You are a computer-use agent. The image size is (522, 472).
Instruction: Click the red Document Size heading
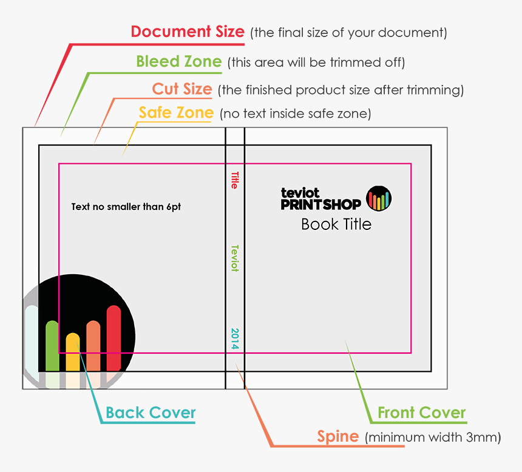[188, 32]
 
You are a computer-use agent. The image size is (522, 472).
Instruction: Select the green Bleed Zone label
[178, 61]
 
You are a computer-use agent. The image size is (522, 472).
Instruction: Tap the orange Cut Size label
[181, 89]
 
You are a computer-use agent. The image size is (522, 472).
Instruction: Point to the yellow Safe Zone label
[176, 113]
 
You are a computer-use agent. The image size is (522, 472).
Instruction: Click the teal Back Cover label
[151, 413]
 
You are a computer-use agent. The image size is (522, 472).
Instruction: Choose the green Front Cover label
[421, 413]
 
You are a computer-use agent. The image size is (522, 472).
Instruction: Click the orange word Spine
[338, 436]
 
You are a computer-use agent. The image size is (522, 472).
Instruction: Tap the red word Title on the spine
[234, 180]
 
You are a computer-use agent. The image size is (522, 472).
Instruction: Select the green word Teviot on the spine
[234, 258]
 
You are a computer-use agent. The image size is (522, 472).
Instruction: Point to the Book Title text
[336, 224]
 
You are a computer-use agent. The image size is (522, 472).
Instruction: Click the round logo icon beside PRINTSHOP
[379, 198]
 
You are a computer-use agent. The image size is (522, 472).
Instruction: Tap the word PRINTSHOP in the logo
[320, 204]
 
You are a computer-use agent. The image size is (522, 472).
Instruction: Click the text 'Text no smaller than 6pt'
[126, 207]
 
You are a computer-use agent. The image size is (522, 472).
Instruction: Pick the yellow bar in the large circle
[73, 352]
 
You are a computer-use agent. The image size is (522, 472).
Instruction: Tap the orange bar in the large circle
[93, 345]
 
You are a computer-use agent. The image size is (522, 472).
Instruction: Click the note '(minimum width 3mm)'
[433, 437]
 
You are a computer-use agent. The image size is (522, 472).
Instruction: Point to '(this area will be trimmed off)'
[316, 62]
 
